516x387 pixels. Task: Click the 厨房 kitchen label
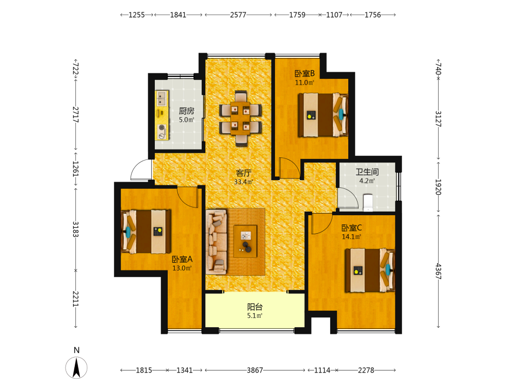pos(186,111)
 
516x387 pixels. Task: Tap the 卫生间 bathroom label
pos(367,172)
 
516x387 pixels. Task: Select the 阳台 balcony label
pos(255,307)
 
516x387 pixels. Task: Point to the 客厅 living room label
pos(244,173)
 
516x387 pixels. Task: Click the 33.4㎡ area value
pos(244,182)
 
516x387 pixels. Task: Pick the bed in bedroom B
pos(323,115)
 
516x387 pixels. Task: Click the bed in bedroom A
pos(146,232)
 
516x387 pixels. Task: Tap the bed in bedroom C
pos(370,270)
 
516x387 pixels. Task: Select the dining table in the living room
pos(240,118)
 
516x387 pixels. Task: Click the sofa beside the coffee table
pos(217,242)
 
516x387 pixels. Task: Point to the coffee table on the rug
pos(245,241)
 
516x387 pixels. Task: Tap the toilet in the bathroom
pos(367,203)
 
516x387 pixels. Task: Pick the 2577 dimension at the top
pos(238,15)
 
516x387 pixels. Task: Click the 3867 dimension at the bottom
pos(255,370)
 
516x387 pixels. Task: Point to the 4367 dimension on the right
pos(438,271)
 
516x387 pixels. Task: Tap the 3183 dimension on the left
pos(76,230)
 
